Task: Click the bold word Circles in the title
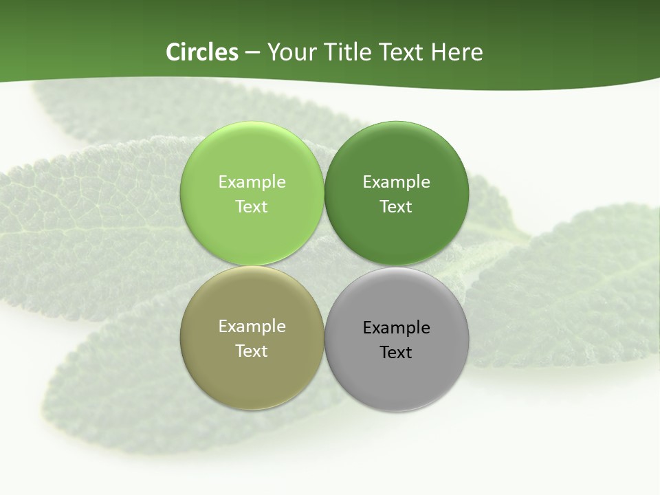point(201,52)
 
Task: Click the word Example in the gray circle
point(397,328)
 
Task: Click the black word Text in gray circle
point(396,353)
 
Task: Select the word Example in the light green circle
point(252,182)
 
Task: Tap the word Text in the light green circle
point(252,207)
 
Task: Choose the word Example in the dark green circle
point(397,182)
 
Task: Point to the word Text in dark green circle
point(396,207)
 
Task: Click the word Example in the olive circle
point(252,327)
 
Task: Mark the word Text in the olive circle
point(252,351)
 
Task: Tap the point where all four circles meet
point(324,266)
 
